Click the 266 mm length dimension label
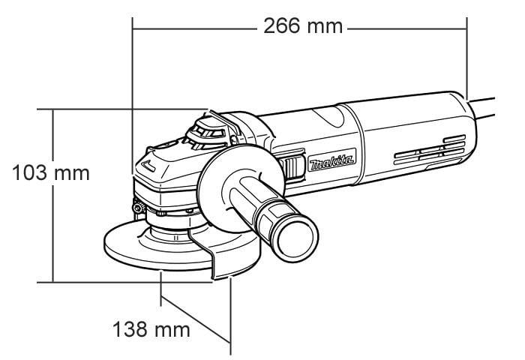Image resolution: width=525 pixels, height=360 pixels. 303,26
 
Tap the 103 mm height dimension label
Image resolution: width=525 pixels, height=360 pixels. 51,172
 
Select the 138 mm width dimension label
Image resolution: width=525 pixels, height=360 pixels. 151,329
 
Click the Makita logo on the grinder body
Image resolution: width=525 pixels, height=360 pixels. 331,160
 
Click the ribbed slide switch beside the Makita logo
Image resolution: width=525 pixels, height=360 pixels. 292,165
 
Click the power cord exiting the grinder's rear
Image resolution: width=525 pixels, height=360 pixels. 481,109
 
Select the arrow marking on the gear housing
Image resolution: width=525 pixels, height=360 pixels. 148,166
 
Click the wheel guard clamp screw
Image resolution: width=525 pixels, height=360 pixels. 138,208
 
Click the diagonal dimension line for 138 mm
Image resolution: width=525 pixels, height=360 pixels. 196,319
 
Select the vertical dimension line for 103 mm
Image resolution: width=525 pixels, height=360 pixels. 53,196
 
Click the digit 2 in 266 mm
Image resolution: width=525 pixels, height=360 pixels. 271,26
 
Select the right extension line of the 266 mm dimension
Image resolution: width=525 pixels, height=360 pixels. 466,58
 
